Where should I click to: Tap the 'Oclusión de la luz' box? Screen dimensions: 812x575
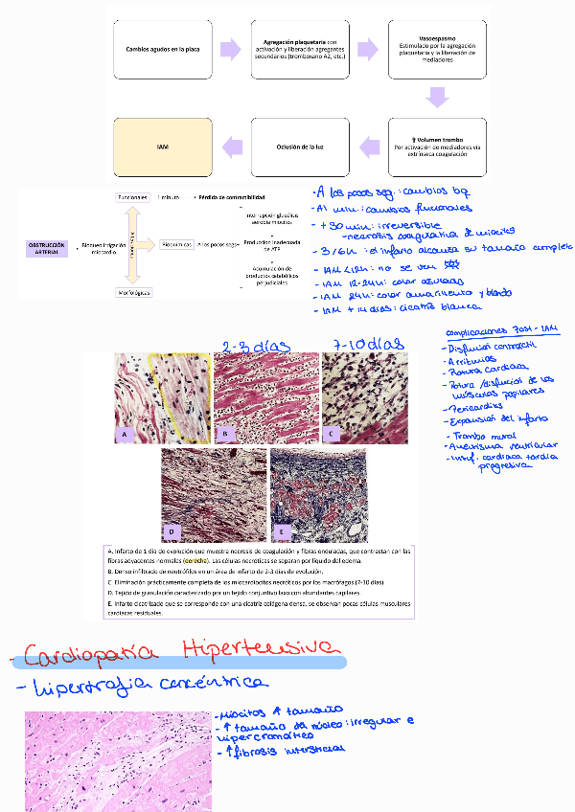click(x=297, y=146)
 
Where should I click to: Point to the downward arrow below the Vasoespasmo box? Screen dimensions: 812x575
click(x=438, y=96)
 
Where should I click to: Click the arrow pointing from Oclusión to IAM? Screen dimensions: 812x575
click(x=231, y=146)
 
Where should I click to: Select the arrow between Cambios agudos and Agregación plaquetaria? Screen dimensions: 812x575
click(x=230, y=49)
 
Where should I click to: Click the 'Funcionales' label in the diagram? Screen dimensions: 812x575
click(x=133, y=198)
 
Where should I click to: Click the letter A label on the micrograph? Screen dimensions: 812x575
click(x=125, y=434)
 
